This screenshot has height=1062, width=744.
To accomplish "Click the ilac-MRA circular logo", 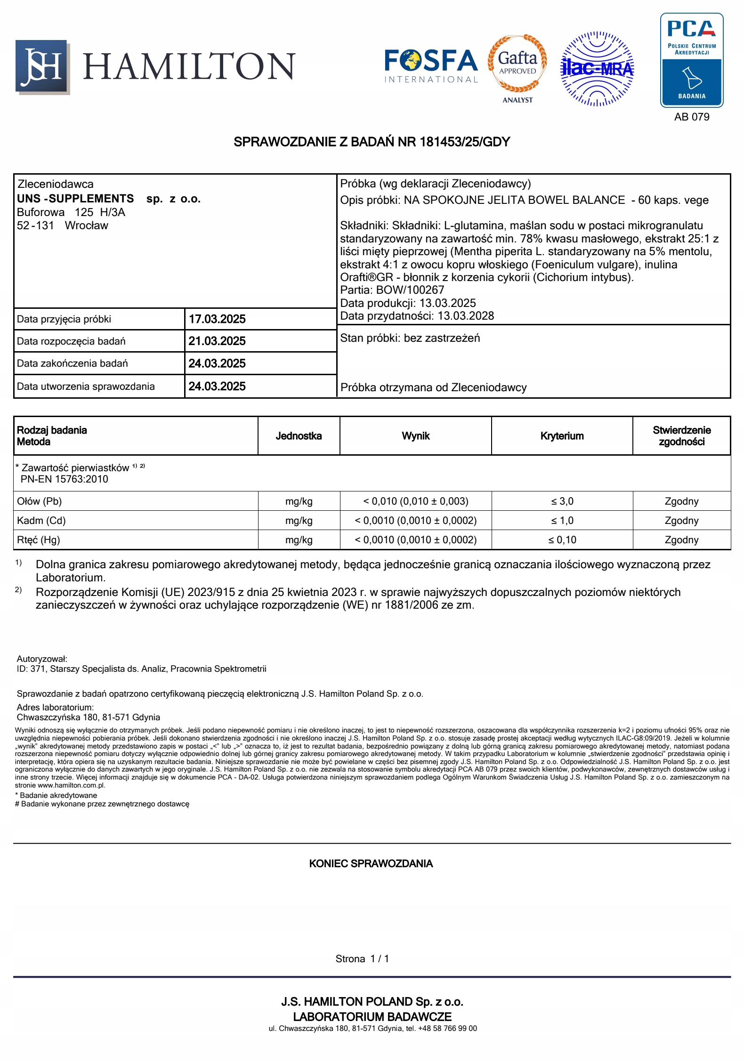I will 597,69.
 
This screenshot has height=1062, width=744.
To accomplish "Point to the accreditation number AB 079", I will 691,117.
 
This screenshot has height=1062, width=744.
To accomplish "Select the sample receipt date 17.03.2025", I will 217,319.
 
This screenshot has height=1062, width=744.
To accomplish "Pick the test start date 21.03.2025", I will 217,341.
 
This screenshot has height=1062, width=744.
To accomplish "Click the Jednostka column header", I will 299,436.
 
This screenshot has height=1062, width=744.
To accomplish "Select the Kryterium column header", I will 562,436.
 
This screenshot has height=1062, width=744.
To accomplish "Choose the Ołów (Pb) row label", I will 40,501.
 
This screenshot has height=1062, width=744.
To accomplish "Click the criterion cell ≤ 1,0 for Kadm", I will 562,521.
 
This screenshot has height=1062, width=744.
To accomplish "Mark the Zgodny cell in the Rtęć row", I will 681,540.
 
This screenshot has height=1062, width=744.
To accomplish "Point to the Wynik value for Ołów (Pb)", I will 415,501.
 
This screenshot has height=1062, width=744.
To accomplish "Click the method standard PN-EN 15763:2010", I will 65,479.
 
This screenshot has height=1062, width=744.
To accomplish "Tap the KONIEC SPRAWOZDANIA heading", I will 371,863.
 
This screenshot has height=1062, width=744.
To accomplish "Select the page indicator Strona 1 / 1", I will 362,959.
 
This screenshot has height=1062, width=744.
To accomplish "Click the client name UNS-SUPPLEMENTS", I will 76,199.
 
